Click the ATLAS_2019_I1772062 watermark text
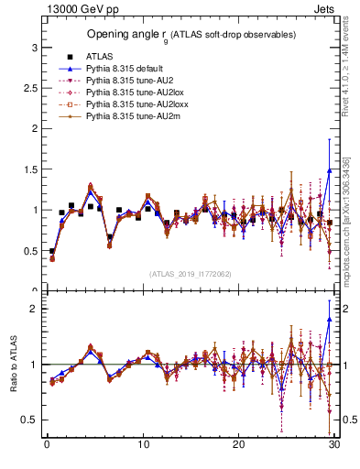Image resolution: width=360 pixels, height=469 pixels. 190,274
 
